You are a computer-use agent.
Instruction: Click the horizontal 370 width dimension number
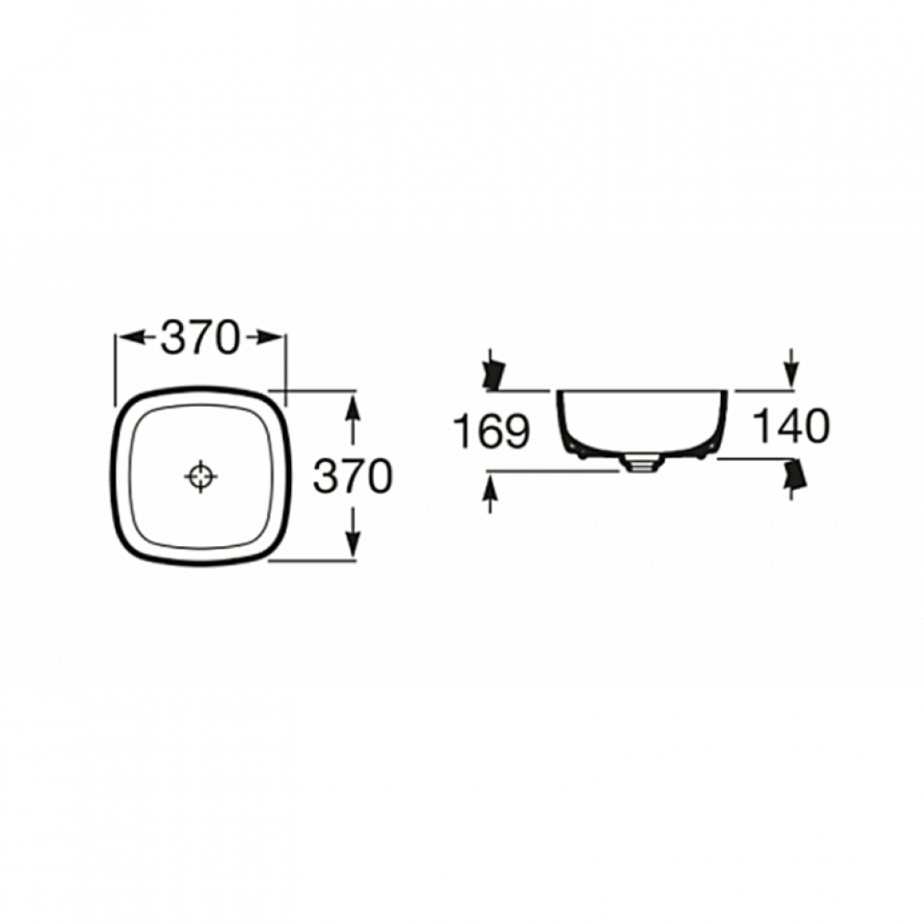(x=201, y=337)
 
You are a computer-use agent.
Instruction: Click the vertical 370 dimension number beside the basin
(x=352, y=476)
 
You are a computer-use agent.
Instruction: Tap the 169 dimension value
(x=492, y=431)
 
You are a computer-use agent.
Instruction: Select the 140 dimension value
(x=792, y=426)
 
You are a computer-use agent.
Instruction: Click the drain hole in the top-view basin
(x=201, y=476)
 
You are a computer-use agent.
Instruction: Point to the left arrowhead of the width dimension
(x=132, y=337)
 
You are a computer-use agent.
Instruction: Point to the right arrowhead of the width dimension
(x=269, y=337)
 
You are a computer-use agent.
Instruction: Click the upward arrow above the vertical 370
(x=352, y=419)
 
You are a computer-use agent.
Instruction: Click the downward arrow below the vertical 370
(x=352, y=533)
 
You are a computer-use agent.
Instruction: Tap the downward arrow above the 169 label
(x=492, y=369)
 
